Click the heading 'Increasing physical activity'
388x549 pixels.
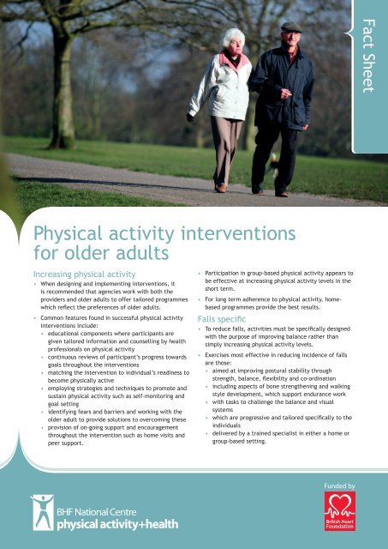pos(85,269)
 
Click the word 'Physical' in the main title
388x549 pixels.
pos(71,233)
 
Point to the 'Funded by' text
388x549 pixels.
pos(341,486)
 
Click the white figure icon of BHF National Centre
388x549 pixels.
pos(42,512)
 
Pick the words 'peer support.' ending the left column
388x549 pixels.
pos(68,444)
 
